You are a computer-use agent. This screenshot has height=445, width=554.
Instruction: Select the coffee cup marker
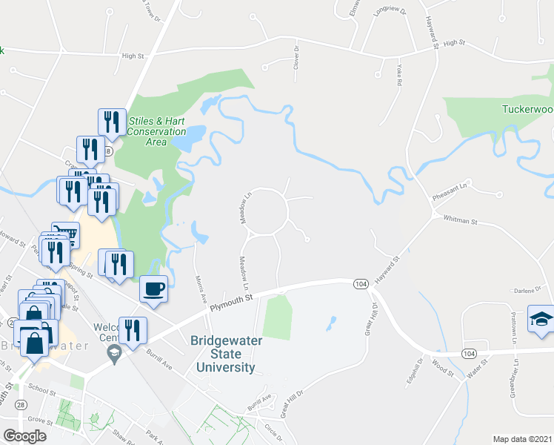153,289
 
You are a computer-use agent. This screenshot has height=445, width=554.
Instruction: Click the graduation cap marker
541,319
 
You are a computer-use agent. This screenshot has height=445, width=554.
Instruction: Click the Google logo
25,436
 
